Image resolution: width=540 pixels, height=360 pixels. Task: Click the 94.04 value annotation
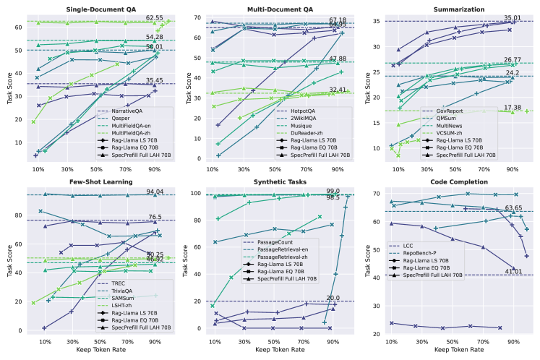click(x=155, y=191)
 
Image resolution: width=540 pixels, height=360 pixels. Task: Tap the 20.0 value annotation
click(x=333, y=298)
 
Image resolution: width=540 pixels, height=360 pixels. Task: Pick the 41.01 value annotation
click(x=514, y=271)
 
